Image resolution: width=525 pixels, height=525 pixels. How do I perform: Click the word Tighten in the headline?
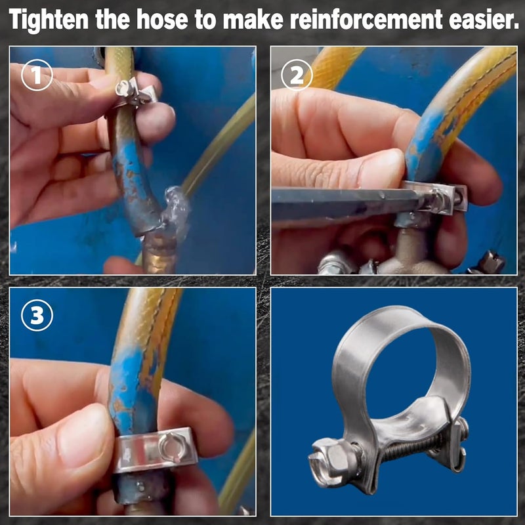[x=49, y=20]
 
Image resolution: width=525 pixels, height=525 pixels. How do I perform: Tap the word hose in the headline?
[x=162, y=20]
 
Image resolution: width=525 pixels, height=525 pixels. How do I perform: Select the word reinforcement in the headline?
[x=366, y=20]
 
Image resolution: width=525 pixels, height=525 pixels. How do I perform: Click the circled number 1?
[x=37, y=75]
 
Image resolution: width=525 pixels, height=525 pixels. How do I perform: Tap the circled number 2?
[x=297, y=75]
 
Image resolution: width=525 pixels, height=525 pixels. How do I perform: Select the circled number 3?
[x=37, y=316]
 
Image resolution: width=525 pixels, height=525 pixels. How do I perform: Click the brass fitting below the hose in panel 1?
[x=159, y=252]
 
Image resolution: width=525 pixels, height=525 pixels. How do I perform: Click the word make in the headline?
[x=253, y=20]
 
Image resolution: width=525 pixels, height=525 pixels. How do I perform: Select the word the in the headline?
[x=112, y=20]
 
